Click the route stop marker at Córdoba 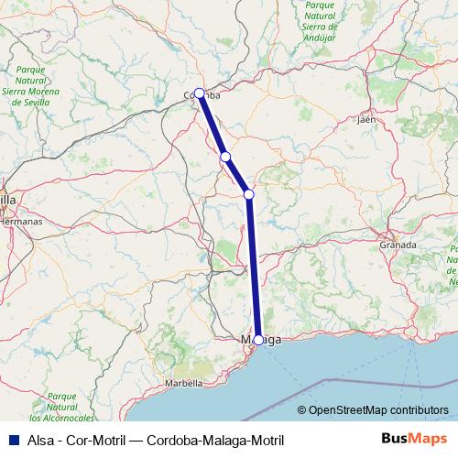(199, 93)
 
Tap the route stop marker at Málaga (258, 340)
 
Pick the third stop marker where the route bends (248, 193)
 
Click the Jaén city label (368, 119)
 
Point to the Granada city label (398, 245)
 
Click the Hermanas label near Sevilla (20, 222)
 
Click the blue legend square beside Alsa (11, 439)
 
